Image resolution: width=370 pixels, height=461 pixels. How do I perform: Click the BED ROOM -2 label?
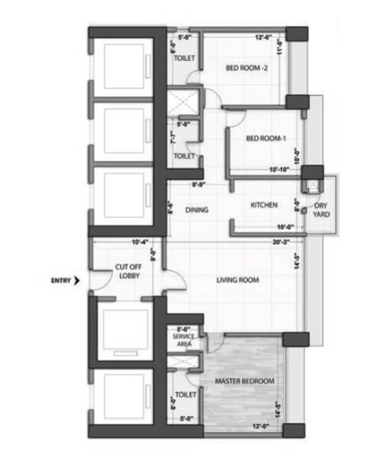point(247,68)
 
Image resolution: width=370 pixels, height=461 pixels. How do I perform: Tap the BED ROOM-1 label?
point(266,138)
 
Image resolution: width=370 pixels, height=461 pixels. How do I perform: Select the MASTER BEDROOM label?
point(244,381)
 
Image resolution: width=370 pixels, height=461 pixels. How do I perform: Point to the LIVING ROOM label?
point(237,280)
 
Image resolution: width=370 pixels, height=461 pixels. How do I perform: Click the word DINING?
point(197,210)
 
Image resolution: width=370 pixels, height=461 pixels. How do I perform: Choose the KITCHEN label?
point(264,205)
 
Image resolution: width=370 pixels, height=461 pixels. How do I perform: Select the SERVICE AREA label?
point(183,340)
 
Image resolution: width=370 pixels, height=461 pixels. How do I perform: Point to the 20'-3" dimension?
point(281,242)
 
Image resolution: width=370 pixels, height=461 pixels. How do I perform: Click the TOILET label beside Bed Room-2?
point(184,59)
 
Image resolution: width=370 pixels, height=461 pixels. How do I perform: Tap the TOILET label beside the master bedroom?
point(186,395)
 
